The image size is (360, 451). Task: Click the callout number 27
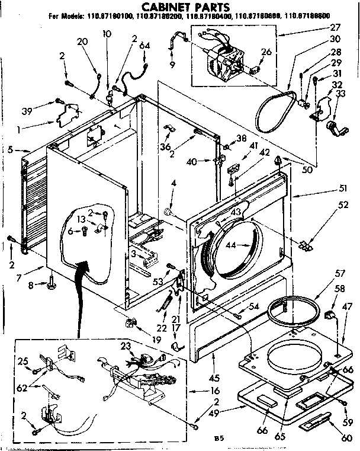[335, 27]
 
